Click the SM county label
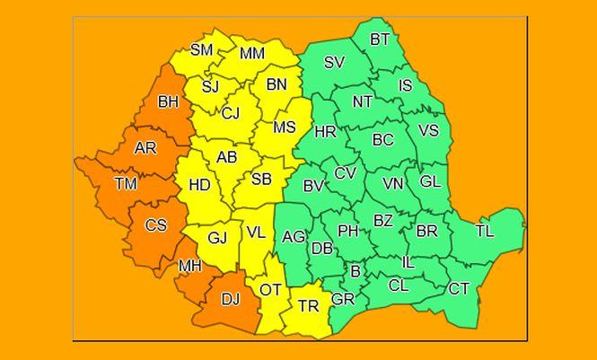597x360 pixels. pyautogui.click(x=202, y=50)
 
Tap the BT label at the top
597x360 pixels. pyautogui.click(x=381, y=40)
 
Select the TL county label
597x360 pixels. pyautogui.click(x=485, y=231)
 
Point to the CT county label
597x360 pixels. pyautogui.click(x=459, y=288)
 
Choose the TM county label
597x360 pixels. pyautogui.click(x=126, y=184)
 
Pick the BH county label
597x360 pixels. pyautogui.click(x=168, y=102)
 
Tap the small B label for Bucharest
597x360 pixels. pyautogui.click(x=356, y=270)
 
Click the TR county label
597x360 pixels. pyautogui.click(x=308, y=306)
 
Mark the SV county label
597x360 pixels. pyautogui.click(x=334, y=63)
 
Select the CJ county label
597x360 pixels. pyautogui.click(x=231, y=113)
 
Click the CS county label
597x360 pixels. pyautogui.click(x=156, y=225)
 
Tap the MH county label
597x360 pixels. pyautogui.click(x=189, y=266)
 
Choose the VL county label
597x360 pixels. pyautogui.click(x=256, y=233)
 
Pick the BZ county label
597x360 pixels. pyautogui.click(x=383, y=220)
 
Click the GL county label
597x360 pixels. pyautogui.click(x=431, y=181)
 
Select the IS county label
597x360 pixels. pyautogui.click(x=405, y=86)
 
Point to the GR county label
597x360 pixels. pyautogui.click(x=343, y=299)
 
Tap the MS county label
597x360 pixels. pyautogui.click(x=285, y=127)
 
